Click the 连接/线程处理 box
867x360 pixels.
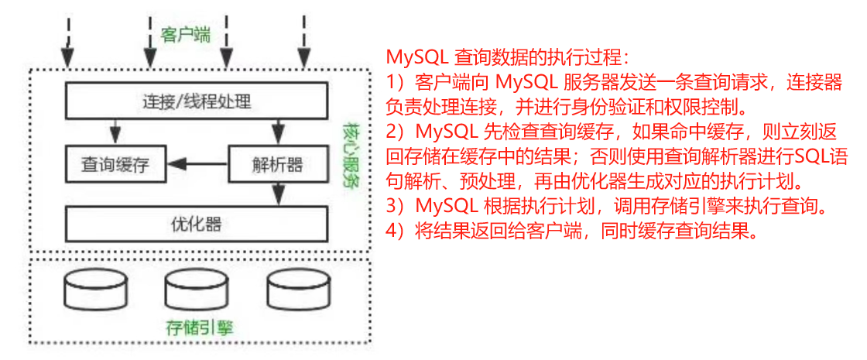point(197,101)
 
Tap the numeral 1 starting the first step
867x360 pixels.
point(390,81)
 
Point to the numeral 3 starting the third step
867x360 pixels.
point(392,207)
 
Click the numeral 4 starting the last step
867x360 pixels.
point(392,231)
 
